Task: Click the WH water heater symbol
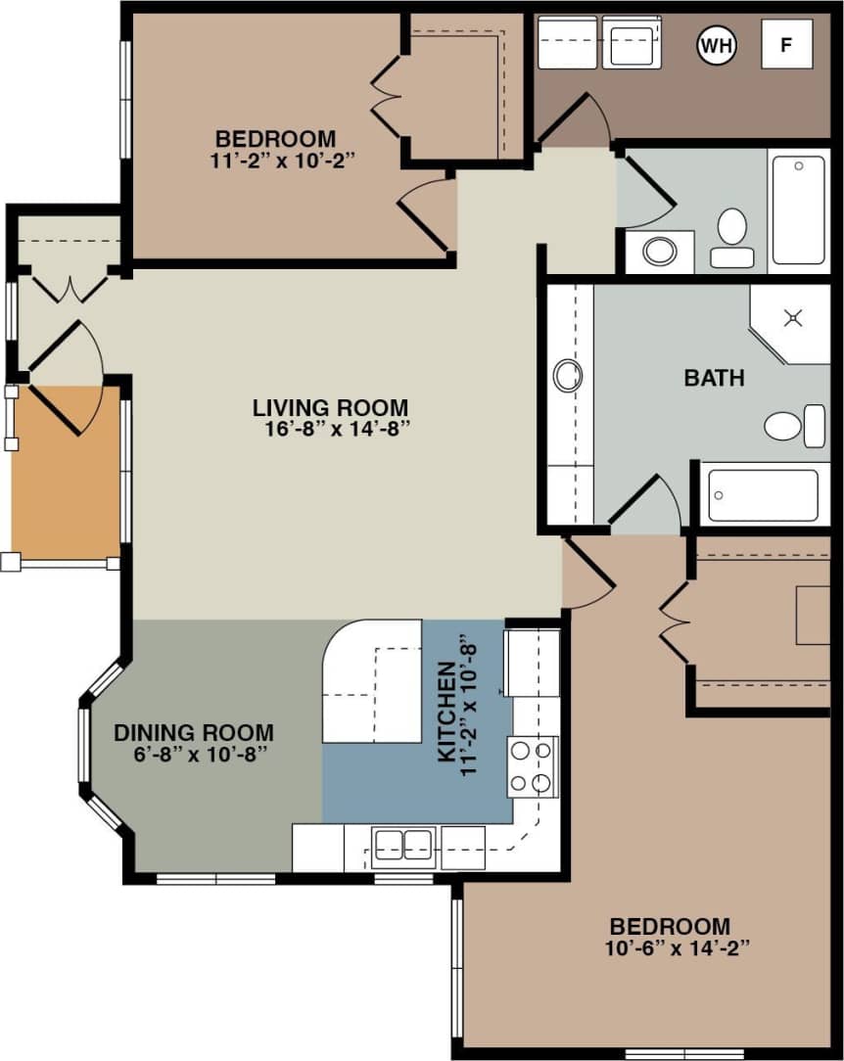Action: [x=715, y=44]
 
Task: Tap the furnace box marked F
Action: [x=786, y=44]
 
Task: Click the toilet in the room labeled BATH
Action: [x=794, y=426]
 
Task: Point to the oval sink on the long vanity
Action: [x=568, y=375]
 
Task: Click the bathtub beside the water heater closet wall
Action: [x=799, y=209]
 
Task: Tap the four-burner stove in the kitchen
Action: [x=532, y=766]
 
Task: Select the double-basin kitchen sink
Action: [x=403, y=844]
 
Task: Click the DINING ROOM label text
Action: [x=194, y=732]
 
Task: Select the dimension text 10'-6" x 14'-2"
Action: [x=670, y=947]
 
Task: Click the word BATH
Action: [x=714, y=378]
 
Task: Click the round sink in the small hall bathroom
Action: [x=659, y=253]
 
